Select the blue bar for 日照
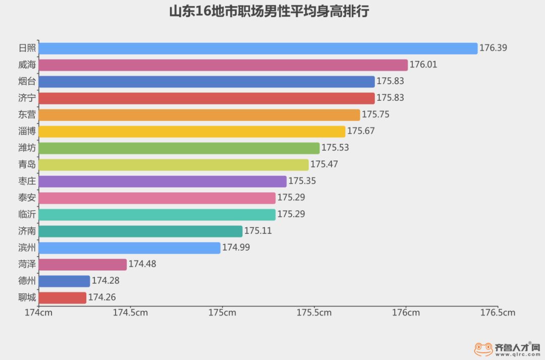tap(257, 48)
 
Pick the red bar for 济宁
tap(206, 98)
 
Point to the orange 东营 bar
tap(199, 114)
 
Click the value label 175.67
tap(361, 131)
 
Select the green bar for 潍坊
tap(179, 148)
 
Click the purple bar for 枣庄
tap(162, 181)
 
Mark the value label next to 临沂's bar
tap(291, 214)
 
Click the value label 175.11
tap(258, 231)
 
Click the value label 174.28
tap(105, 281)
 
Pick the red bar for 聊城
tap(62, 297)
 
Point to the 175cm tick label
tap(222, 313)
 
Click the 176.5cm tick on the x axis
tap(498, 313)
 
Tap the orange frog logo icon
tap(483, 348)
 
